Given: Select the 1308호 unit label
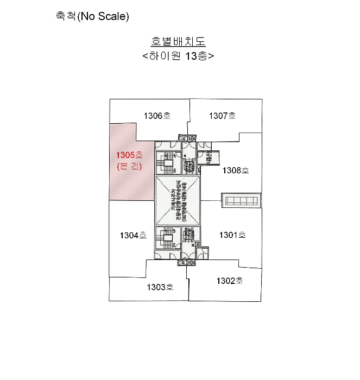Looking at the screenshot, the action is tap(236, 170).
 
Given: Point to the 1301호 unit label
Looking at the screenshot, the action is tap(232, 235).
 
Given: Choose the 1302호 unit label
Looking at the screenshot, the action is tap(229, 281).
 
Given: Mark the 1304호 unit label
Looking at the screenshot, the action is tap(133, 236).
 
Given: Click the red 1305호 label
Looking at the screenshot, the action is tap(129, 155).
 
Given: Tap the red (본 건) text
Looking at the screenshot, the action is tap(129, 167).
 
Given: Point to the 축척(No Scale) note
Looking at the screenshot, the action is tap(92, 16).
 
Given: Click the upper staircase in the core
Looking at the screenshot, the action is tap(166, 161).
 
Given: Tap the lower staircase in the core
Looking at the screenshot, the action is tap(166, 237).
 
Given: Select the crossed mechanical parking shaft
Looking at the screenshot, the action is tap(178, 201).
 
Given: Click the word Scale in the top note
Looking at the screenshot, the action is tap(113, 16).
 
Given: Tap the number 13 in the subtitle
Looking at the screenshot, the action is tap(190, 56).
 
